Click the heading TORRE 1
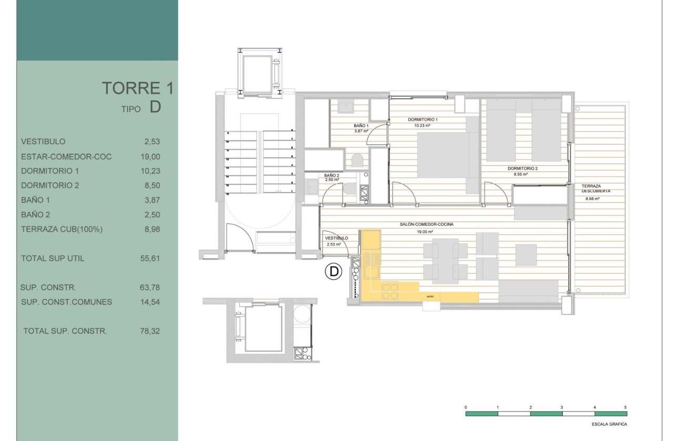tap(137, 88)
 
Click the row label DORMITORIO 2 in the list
tap(50, 185)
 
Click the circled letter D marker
tap(333, 271)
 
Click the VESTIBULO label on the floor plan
tap(334, 238)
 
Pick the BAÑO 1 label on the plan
tap(361, 126)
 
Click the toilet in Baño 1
tap(356, 160)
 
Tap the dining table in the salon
tap(445, 260)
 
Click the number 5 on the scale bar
tap(625, 407)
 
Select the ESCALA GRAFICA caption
tap(609, 424)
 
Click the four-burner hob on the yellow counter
tap(390, 291)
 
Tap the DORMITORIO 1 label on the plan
tap(423, 120)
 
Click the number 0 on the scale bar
tap(466, 407)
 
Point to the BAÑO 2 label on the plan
tap(331, 175)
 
